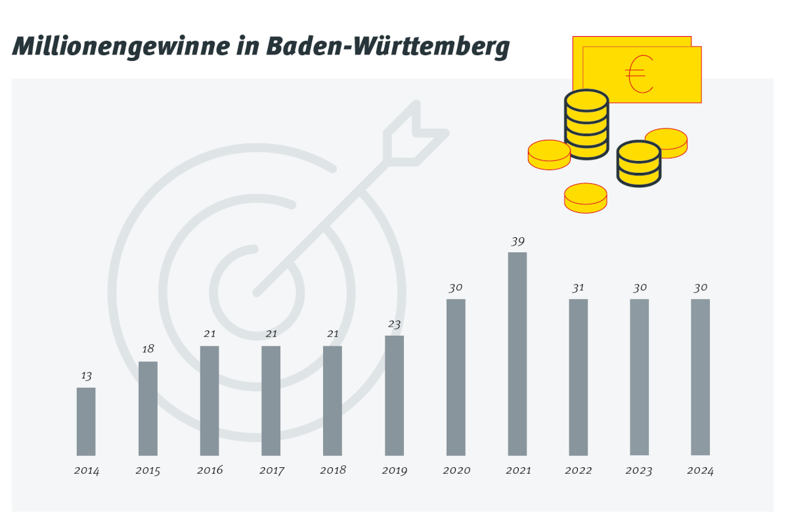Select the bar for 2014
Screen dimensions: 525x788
point(86,421)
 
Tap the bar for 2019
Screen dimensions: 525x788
point(394,396)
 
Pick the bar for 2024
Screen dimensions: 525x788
point(700,377)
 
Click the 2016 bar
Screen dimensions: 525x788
point(209,400)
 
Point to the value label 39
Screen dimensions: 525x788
point(517,241)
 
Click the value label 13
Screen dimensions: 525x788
point(86,377)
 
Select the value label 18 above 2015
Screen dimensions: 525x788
point(148,349)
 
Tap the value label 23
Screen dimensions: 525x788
point(394,324)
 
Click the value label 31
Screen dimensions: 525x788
point(579,288)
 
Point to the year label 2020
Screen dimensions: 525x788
point(456,470)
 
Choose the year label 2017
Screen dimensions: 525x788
point(271,470)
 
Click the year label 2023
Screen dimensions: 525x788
point(639,470)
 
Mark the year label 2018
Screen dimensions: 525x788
point(333,470)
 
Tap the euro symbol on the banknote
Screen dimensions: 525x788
point(639,74)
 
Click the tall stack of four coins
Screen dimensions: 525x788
point(586,124)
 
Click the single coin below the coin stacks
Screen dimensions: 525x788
point(585,197)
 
